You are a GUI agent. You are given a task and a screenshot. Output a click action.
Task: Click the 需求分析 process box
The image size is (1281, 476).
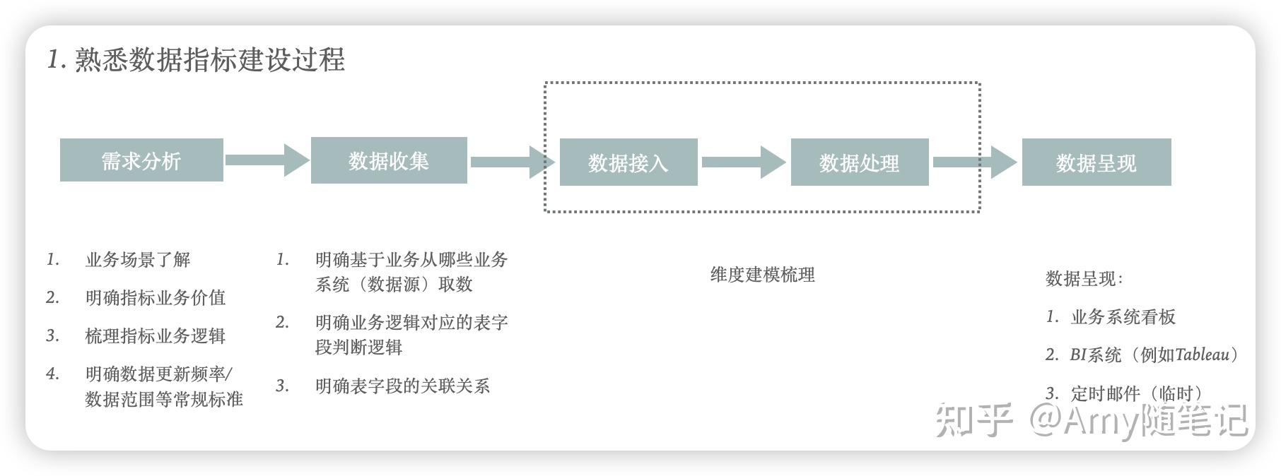coord(141,160)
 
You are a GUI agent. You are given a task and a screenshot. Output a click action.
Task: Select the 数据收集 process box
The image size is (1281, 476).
coord(389,160)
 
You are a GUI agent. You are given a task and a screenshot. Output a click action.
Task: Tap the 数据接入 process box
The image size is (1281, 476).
coord(628,162)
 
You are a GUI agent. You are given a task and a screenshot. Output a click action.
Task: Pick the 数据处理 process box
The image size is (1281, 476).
coord(859,162)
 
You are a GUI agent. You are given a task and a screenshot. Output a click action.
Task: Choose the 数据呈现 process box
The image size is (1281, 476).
coord(1096,162)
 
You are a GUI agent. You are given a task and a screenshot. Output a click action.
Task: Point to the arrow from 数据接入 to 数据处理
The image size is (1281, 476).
coord(743,162)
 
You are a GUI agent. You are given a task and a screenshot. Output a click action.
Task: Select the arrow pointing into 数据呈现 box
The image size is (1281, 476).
coord(976,162)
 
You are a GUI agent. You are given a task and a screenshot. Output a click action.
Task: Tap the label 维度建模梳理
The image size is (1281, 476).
coord(762,275)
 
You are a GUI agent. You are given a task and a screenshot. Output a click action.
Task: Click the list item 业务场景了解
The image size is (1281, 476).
coord(138,260)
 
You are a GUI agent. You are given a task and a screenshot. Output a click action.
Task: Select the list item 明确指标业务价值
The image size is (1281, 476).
coord(156,297)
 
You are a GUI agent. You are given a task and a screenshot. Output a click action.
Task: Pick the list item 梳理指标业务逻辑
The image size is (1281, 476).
coord(156,335)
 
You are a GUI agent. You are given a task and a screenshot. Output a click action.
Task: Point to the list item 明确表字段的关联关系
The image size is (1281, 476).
coord(402,386)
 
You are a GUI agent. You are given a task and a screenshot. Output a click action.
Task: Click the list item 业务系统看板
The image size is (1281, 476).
coord(1123,317)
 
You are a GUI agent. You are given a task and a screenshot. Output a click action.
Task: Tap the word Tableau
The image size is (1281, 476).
coord(1202,355)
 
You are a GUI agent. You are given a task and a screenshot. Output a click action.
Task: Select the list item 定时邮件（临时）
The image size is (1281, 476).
coord(1137,393)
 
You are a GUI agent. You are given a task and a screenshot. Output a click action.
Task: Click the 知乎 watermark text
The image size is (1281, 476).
coord(974,420)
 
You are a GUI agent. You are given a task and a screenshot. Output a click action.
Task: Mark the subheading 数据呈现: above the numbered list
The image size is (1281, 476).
coord(1084,279)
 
